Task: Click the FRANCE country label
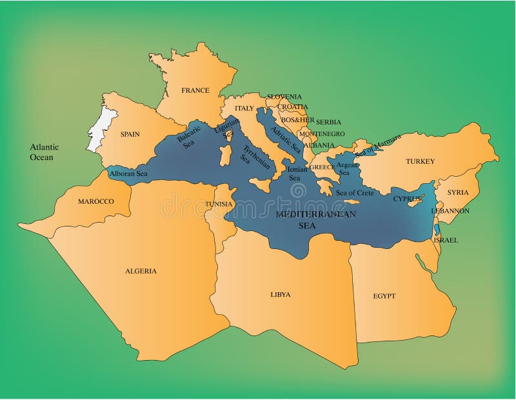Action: [x=195, y=90]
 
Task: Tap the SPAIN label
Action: [x=130, y=135]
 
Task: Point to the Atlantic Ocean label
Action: [x=45, y=152]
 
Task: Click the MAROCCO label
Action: [x=95, y=201]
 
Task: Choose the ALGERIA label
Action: [x=141, y=271]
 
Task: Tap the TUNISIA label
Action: [x=219, y=204]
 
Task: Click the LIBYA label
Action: [x=280, y=294]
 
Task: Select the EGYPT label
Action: [x=384, y=296]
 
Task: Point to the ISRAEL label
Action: [x=446, y=240]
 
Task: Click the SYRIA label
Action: [x=458, y=192]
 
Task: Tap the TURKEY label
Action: [x=420, y=161]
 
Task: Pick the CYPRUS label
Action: [x=407, y=199]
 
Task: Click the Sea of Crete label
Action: [x=354, y=193]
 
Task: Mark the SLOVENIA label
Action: [x=284, y=97]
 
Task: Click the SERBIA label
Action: [x=328, y=122]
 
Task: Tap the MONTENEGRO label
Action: [x=321, y=134]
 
